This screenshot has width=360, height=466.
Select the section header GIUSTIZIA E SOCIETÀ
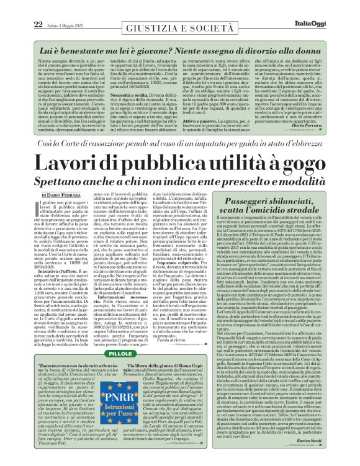click(x=179, y=29)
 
